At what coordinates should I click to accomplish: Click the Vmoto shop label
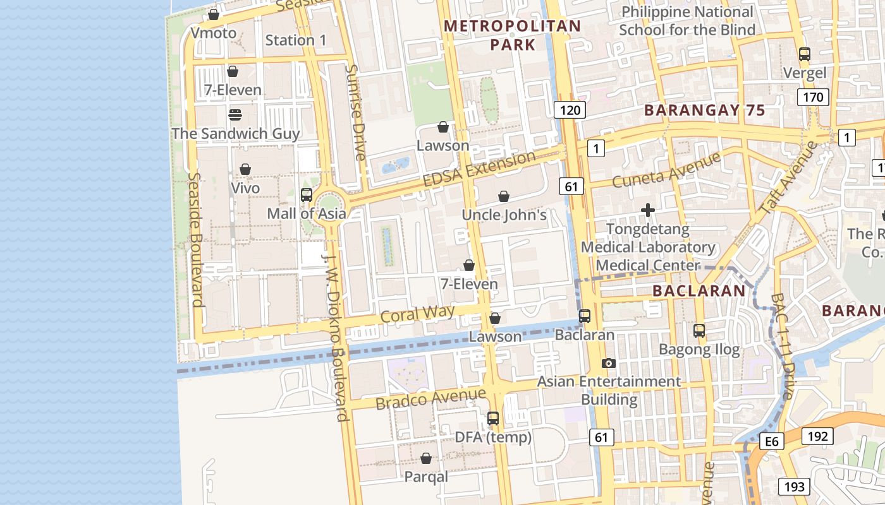click(214, 33)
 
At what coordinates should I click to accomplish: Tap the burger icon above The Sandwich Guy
click(235, 115)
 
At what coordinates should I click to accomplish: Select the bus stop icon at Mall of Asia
click(307, 195)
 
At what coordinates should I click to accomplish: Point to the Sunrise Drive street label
click(356, 112)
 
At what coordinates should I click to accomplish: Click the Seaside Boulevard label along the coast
click(197, 240)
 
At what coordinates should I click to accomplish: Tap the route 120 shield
click(570, 110)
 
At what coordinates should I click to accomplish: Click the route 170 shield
click(813, 97)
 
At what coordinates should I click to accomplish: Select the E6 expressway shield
click(772, 441)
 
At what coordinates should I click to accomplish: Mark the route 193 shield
click(794, 486)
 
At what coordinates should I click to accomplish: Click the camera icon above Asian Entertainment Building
click(608, 363)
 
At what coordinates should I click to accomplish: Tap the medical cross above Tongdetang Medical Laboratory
click(648, 210)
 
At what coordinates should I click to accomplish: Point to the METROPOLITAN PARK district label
click(512, 35)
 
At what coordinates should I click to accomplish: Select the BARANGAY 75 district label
click(704, 110)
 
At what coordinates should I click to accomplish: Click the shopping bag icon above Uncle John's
click(504, 196)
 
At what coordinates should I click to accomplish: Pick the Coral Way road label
click(417, 314)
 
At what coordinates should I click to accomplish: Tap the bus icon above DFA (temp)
click(493, 418)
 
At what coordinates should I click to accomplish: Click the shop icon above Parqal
click(426, 458)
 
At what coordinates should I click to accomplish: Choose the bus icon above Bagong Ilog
click(699, 330)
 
